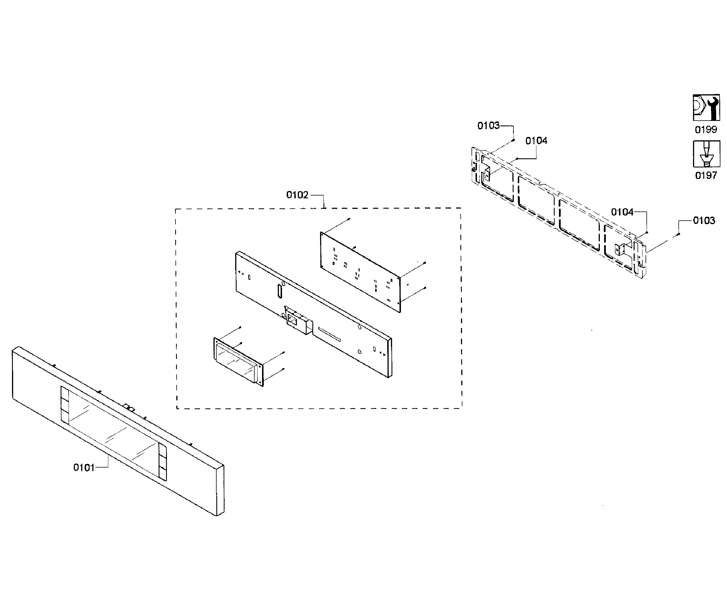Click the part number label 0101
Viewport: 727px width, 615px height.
(x=84, y=468)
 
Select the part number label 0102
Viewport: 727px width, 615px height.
(x=297, y=195)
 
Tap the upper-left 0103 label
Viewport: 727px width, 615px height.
(x=488, y=125)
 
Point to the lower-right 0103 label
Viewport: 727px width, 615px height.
(x=704, y=220)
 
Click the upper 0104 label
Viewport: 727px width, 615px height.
(x=536, y=141)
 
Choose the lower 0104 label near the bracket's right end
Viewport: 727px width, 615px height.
(x=622, y=212)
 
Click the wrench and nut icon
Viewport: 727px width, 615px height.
(x=706, y=108)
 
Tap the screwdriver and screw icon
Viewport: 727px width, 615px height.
(x=706, y=154)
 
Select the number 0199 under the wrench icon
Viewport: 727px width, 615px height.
(x=706, y=130)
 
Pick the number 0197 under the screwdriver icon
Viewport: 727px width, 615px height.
(x=706, y=175)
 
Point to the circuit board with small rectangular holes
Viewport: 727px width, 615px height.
(x=360, y=272)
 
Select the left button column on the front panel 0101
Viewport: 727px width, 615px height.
(x=65, y=404)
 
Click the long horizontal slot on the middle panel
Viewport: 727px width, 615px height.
(x=329, y=334)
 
